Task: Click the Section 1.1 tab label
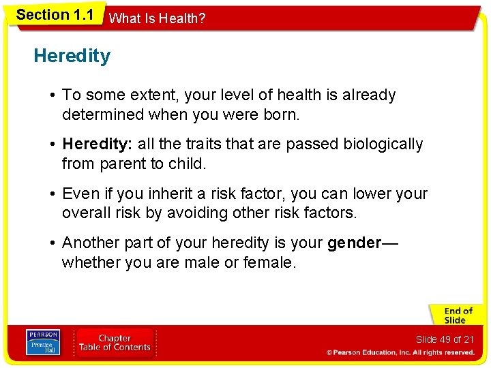click(55, 15)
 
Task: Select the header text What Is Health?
click(157, 18)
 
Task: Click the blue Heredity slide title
click(72, 56)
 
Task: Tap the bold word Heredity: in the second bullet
click(98, 144)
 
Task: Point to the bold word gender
click(354, 243)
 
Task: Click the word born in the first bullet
click(280, 114)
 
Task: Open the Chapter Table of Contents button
click(115, 343)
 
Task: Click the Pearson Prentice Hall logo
click(43, 343)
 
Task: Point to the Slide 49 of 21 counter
click(445, 339)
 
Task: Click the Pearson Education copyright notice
click(400, 353)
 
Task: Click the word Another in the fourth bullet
click(89, 243)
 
